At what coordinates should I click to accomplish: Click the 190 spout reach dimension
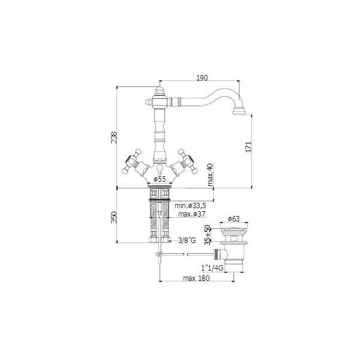tap(202, 77)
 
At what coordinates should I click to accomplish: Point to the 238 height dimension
tap(114, 137)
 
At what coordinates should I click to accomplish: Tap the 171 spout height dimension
tap(248, 147)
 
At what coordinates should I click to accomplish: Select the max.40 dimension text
tap(210, 175)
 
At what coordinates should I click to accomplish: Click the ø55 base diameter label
tap(160, 179)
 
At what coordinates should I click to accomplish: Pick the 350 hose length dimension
tap(114, 217)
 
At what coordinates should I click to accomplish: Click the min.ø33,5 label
tap(190, 205)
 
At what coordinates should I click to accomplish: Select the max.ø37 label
tap(192, 214)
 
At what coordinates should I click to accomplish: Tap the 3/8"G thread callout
tap(187, 241)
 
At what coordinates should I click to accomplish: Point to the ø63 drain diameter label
tap(234, 219)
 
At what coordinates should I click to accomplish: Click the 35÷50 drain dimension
tap(208, 235)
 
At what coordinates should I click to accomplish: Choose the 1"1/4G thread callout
tap(212, 268)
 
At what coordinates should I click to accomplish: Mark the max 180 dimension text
tap(196, 278)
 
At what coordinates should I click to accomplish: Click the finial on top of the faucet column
tap(160, 90)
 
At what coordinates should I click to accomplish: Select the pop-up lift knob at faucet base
tap(160, 169)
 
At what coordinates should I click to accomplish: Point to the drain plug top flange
tap(234, 229)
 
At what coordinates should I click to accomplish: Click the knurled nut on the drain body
tap(217, 254)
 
